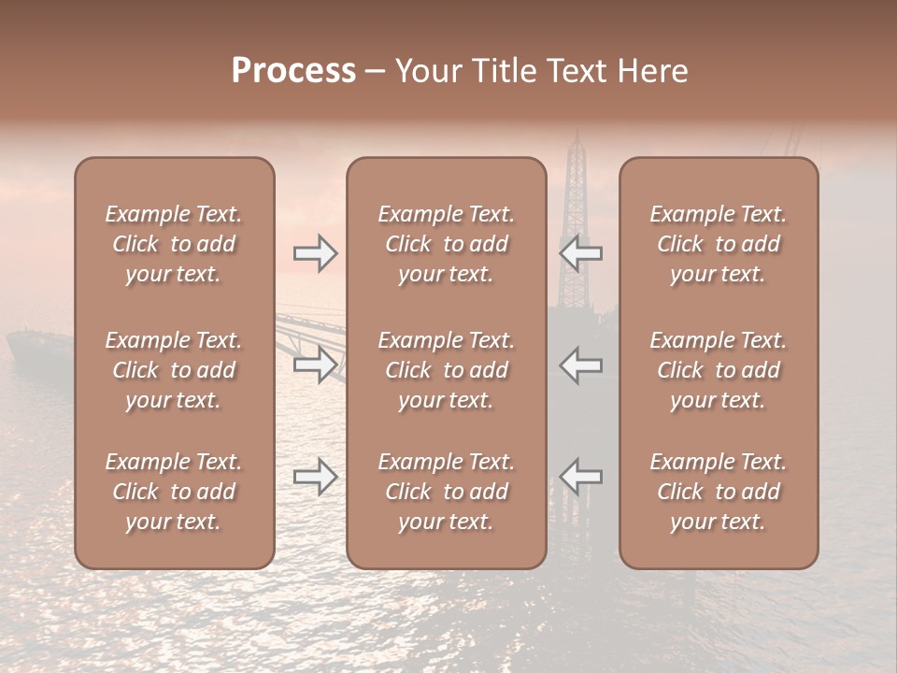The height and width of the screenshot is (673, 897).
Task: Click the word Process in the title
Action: click(293, 71)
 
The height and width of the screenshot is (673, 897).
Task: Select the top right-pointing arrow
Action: click(315, 253)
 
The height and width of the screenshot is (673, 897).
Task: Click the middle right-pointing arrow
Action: click(315, 365)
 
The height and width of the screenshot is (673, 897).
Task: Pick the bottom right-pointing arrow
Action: click(315, 477)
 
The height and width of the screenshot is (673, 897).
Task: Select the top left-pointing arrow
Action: click(580, 253)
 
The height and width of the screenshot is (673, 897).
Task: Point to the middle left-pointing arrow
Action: click(580, 365)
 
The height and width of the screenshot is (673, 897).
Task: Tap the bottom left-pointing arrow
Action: click(580, 477)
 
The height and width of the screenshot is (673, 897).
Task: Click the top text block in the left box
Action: click(174, 244)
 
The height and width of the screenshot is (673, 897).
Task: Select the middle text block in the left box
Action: click(174, 370)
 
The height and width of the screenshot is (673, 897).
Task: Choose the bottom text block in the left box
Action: click(174, 492)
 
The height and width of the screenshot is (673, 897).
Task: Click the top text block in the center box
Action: click(446, 244)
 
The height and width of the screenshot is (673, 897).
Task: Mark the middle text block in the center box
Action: click(446, 370)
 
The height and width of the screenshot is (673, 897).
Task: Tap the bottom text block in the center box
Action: click(446, 492)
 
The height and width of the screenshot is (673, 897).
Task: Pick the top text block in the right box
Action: click(718, 244)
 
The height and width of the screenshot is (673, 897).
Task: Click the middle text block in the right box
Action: click(718, 370)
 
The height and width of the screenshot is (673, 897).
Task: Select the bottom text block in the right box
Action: click(718, 492)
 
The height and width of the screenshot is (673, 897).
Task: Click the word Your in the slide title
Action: click(426, 71)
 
